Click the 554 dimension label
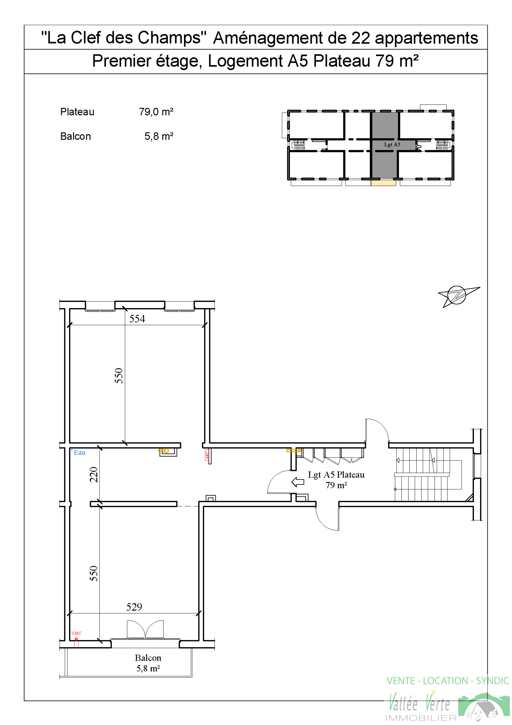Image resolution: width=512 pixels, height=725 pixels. point(137,319)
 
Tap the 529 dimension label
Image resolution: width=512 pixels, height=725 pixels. point(134,607)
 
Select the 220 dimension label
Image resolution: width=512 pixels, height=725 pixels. point(93,475)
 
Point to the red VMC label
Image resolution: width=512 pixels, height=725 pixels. point(76,633)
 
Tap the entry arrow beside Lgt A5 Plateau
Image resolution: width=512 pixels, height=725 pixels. point(298,482)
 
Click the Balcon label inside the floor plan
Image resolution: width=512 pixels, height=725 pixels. point(148,658)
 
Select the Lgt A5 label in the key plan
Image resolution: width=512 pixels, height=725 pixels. point(392,145)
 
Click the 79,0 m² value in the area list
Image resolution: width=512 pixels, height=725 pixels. point(156,112)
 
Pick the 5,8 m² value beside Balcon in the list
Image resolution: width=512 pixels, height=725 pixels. point(159,136)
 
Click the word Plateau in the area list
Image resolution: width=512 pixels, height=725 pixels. point(77,112)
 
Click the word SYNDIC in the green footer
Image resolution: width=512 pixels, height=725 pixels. point(492,681)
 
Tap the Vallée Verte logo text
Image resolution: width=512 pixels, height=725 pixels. point(420,703)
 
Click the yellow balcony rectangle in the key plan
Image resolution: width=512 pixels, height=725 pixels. point(383,183)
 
